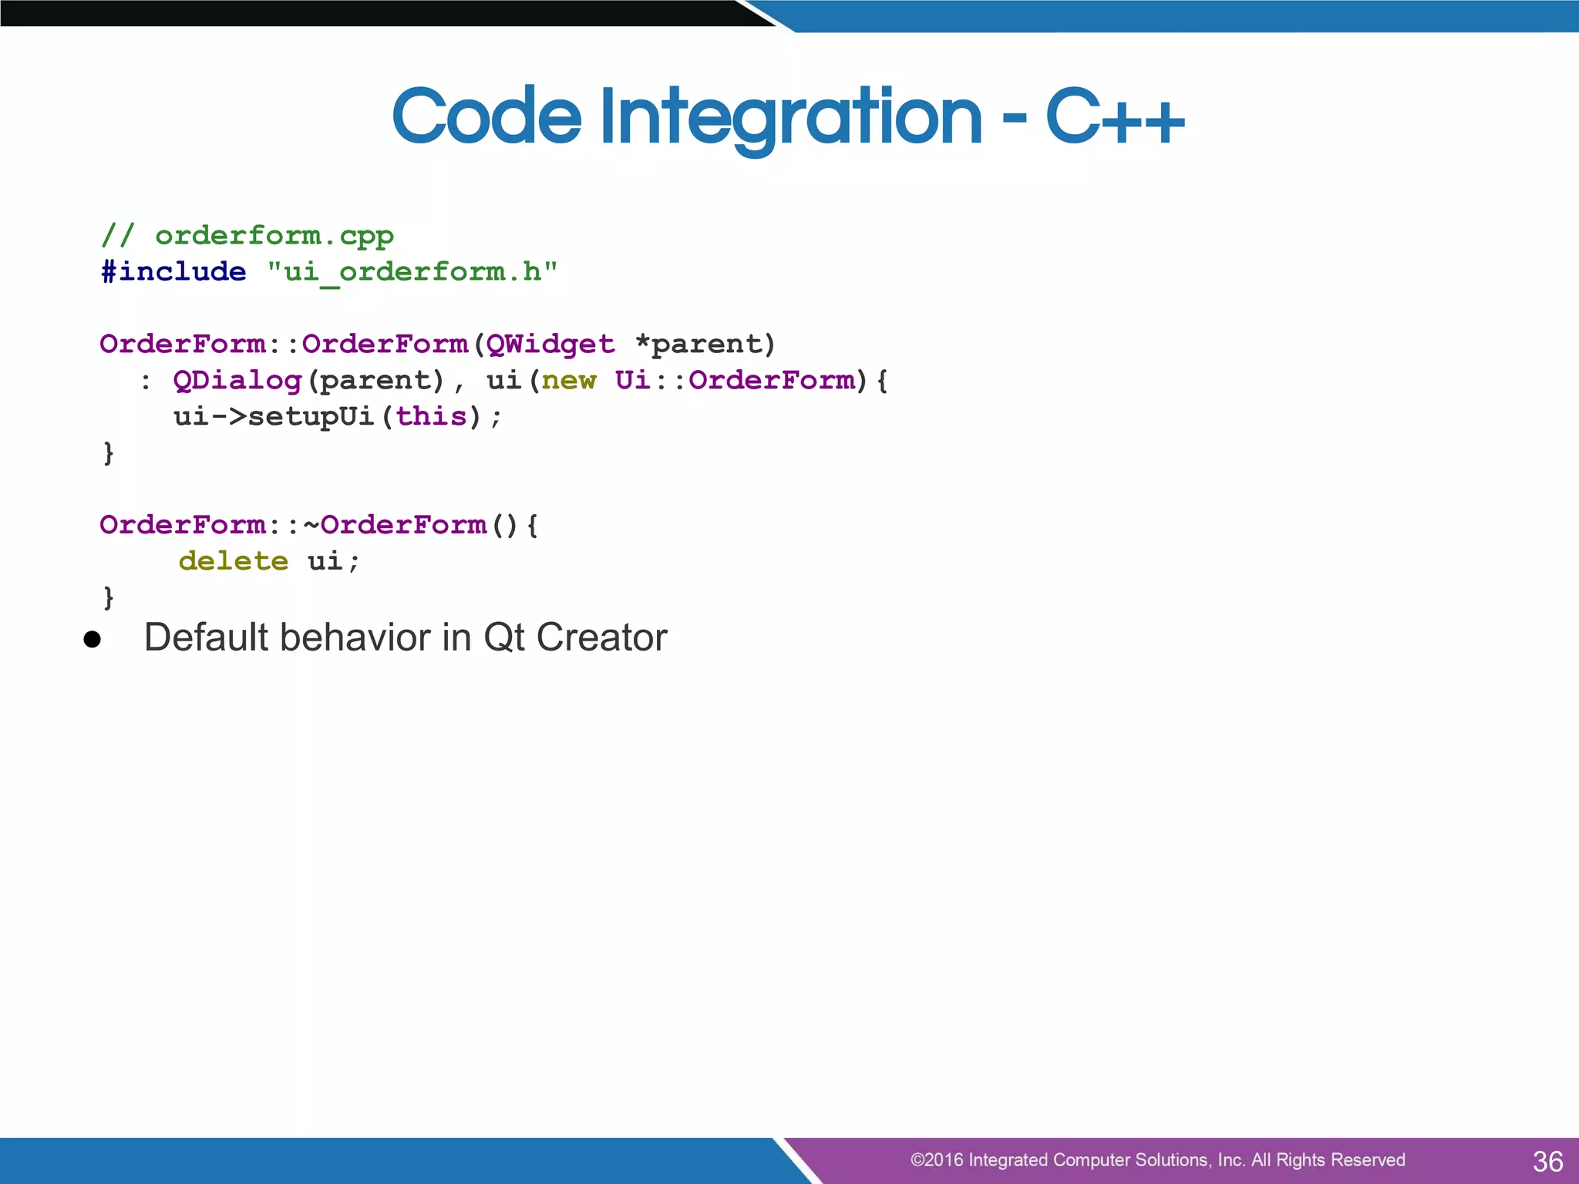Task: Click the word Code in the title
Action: pos(486,117)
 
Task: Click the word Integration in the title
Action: pos(790,117)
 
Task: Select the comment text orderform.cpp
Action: pos(274,236)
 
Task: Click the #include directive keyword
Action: pos(173,272)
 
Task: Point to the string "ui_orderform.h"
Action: pos(412,272)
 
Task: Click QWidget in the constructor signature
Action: pos(550,344)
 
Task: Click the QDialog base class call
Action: pos(237,380)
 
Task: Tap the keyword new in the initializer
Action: pos(569,380)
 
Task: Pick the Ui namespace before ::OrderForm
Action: pos(633,380)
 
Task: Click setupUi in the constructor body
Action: pos(311,416)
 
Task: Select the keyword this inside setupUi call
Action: pos(432,416)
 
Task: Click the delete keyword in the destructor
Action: pos(233,561)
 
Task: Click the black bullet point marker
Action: pos(93,639)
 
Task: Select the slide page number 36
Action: pos(1547,1161)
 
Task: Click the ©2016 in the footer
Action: pos(936,1160)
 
